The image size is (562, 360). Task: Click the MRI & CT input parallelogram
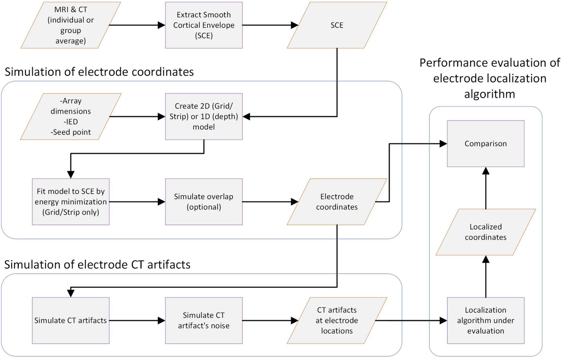pos(70,25)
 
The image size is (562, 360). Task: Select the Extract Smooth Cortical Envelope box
pos(203,25)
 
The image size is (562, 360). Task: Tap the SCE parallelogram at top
pos(336,25)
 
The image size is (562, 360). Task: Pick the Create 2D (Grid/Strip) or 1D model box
pos(203,116)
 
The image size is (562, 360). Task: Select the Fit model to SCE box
pos(70,202)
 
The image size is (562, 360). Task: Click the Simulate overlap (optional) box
pos(203,202)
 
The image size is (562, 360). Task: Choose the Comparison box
pos(485,143)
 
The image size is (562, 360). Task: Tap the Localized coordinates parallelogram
pos(485,232)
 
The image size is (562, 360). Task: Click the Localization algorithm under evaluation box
pos(485,321)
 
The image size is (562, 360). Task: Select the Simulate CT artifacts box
pos(70,321)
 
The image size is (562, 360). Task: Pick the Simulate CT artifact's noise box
pos(203,321)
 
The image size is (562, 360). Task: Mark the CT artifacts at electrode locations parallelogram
pos(336,321)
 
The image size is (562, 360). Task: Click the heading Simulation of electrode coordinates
pos(98,73)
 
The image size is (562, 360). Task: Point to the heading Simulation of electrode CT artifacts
pos(97,264)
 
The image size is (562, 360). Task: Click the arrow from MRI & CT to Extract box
pos(136,25)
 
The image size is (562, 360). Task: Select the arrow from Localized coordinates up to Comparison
pos(485,187)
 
